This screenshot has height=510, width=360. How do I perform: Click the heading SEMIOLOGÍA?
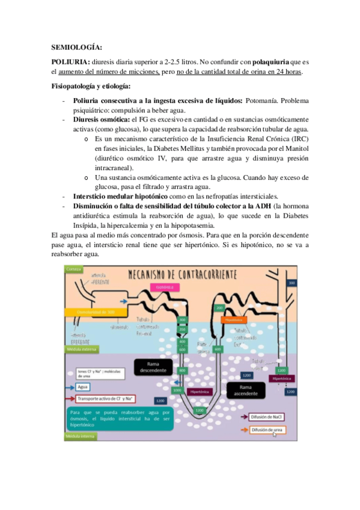(76, 46)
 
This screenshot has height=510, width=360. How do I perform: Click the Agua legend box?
(83, 387)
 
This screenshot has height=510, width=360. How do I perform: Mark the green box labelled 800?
(182, 370)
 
